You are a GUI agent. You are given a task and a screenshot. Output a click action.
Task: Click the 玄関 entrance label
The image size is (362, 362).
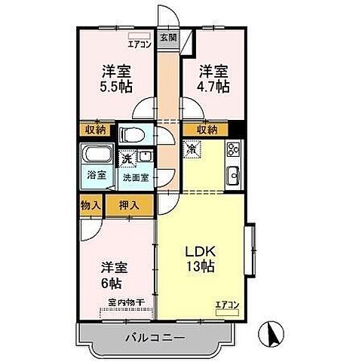tap(167, 37)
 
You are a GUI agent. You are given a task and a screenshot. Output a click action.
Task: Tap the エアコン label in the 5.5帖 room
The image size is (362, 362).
tap(140, 43)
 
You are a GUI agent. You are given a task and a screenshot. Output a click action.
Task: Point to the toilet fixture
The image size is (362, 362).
tap(132, 136)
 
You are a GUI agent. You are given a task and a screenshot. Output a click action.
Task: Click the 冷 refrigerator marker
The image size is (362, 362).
tap(192, 149)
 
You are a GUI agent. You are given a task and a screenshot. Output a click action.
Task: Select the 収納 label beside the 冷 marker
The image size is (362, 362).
tap(207, 130)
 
